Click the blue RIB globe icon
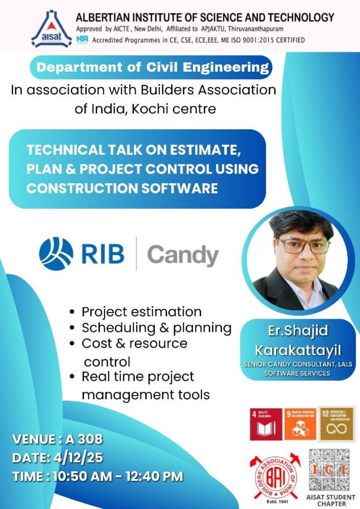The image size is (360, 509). [56, 253]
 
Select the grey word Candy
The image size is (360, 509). [183, 254]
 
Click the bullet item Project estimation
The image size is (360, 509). [142, 312]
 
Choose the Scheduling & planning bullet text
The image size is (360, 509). [156, 327]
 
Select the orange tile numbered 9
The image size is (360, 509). [300, 424]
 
